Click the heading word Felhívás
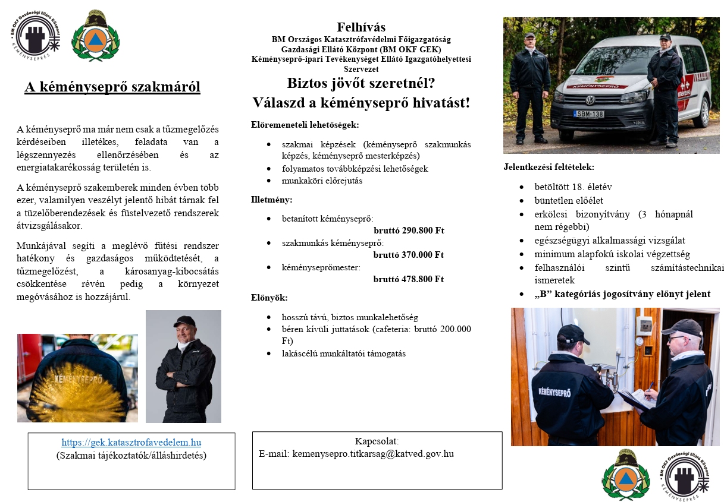pyautogui.click(x=361, y=27)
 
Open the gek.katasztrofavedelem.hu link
pyautogui.click(x=131, y=443)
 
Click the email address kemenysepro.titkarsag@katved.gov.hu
pyautogui.click(x=356, y=454)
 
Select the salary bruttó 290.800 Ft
pyautogui.click(x=409, y=231)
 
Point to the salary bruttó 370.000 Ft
pyautogui.click(x=409, y=255)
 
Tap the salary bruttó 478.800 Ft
pyautogui.click(x=409, y=279)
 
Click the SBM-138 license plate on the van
pyautogui.click(x=588, y=113)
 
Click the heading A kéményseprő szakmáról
pyautogui.click(x=112, y=87)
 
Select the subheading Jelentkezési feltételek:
pyautogui.click(x=549, y=167)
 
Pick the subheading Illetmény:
pyautogui.click(x=272, y=200)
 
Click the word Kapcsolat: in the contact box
pyautogui.click(x=377, y=441)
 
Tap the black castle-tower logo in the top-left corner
pyautogui.click(x=35, y=37)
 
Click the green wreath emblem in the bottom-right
pyautogui.click(x=625, y=475)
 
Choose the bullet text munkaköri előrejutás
pyautogui.click(x=322, y=181)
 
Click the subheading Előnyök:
pyautogui.click(x=269, y=298)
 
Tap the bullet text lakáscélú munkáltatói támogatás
pyautogui.click(x=344, y=353)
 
